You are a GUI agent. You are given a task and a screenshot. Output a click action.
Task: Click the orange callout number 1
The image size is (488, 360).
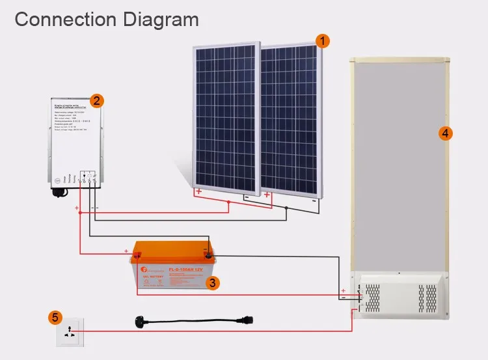point(321,40)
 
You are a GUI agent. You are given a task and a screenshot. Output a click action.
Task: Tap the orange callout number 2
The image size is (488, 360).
point(96,100)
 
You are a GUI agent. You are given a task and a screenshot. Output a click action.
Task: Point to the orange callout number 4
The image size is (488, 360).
point(445,133)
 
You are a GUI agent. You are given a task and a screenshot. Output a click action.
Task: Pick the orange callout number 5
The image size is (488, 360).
point(55,318)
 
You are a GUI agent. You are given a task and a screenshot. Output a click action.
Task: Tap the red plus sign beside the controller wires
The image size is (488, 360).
point(77,208)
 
